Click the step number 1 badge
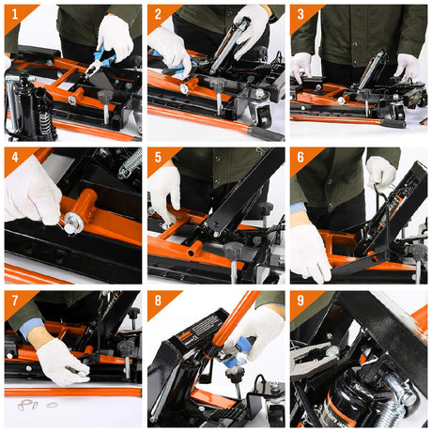pos(14,14)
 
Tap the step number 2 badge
pos(158,14)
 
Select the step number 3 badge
pos(301,14)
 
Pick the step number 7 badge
pos(14,301)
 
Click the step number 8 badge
pos(158,301)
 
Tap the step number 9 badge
pos(301,301)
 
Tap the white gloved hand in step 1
pos(116,35)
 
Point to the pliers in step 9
pos(319,362)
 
